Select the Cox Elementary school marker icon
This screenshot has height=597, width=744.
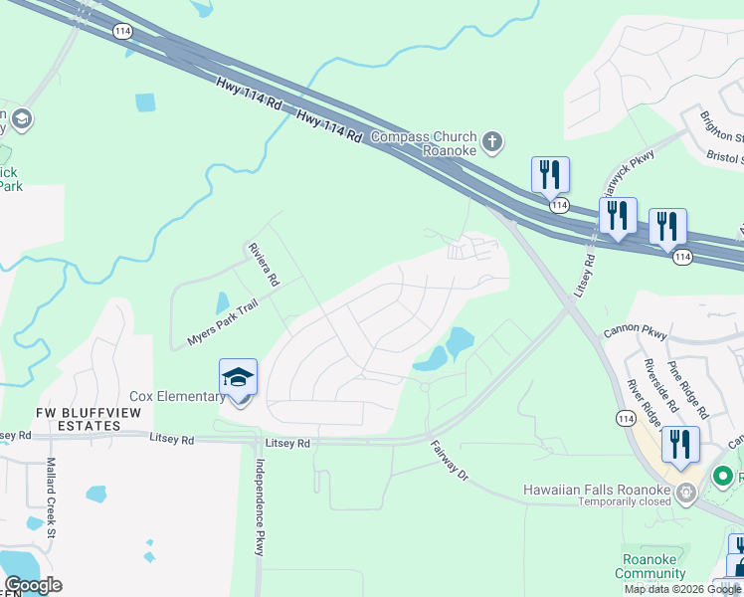click(x=239, y=378)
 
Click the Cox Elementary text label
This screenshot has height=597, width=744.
click(x=176, y=396)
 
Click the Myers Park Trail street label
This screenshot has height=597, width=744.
click(x=221, y=322)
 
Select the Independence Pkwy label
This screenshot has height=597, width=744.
click(x=259, y=507)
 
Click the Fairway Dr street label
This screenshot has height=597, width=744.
click(x=449, y=462)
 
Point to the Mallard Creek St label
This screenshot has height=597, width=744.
click(x=52, y=492)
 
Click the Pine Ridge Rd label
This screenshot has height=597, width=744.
click(x=687, y=389)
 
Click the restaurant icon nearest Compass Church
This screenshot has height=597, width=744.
click(x=549, y=174)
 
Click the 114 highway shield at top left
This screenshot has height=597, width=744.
click(x=121, y=32)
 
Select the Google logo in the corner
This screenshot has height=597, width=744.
click(x=33, y=585)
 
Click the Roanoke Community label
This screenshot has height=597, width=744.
click(x=650, y=565)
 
